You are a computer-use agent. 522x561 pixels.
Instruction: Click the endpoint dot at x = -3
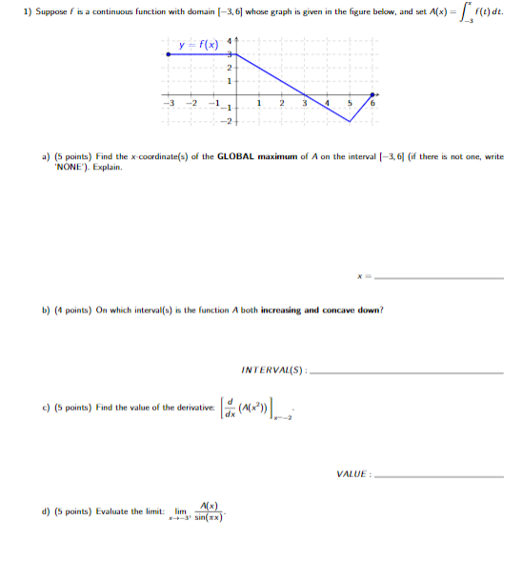(169, 56)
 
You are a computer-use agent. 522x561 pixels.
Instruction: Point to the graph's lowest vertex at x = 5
(351, 120)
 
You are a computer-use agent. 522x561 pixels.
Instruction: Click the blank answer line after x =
(439, 278)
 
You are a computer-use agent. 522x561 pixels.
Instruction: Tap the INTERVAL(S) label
(274, 370)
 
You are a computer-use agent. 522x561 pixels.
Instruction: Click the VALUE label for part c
(354, 473)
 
